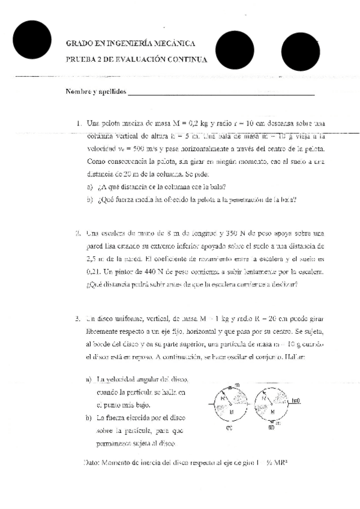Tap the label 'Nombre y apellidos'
(95, 91)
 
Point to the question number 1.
(79, 124)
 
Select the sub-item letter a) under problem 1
(89, 187)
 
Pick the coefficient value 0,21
(95, 272)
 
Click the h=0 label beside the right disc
(296, 400)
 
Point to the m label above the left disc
(237, 384)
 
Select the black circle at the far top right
(299, 50)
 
